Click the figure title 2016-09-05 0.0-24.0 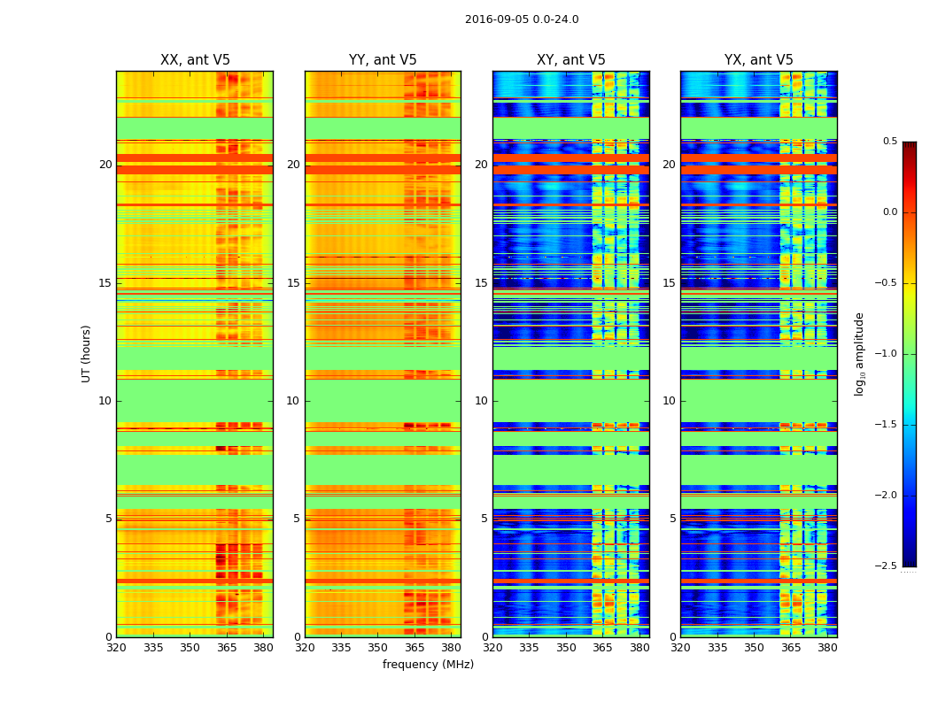(x=522, y=19)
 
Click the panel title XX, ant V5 (x=195, y=60)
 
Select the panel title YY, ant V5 (x=383, y=60)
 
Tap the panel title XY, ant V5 (x=571, y=60)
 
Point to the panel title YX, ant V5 (x=759, y=60)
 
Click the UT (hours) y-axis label (x=86, y=353)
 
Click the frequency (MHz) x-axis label (x=428, y=665)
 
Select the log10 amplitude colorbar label (x=859, y=354)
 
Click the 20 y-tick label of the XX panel (x=105, y=165)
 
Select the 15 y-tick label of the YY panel (x=293, y=283)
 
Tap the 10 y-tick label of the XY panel (x=481, y=401)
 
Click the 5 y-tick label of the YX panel (x=672, y=519)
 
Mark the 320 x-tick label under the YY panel (x=305, y=647)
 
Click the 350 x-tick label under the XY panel (x=566, y=647)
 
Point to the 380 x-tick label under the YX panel (x=827, y=647)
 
